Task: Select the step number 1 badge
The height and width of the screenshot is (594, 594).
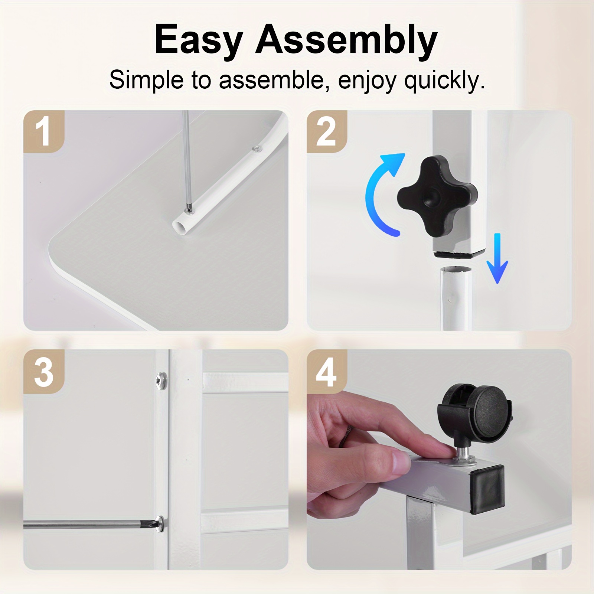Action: pos(44,131)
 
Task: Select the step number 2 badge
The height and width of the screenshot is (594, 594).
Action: pos(326,131)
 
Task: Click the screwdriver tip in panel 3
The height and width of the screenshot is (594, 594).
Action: pos(154,524)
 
